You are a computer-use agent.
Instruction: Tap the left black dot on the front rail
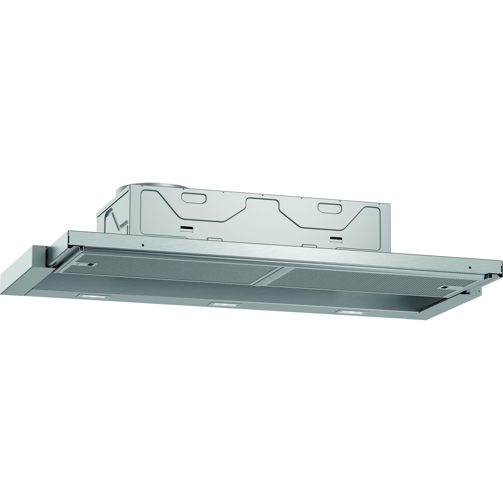[143, 245]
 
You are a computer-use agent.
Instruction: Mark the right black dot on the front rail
[470, 268]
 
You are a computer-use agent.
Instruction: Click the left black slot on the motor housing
[187, 229]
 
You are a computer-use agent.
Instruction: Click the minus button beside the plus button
[474, 291]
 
